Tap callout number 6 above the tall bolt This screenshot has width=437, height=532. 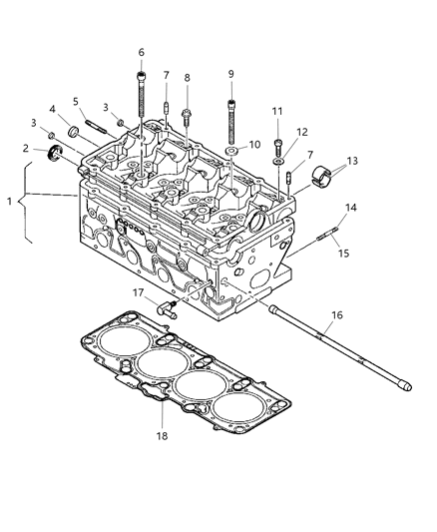pyautogui.click(x=141, y=53)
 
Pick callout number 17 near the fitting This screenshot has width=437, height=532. pyautogui.click(x=139, y=292)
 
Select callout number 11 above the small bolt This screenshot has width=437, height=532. pyautogui.click(x=278, y=111)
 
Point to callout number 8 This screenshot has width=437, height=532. pyautogui.click(x=187, y=78)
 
